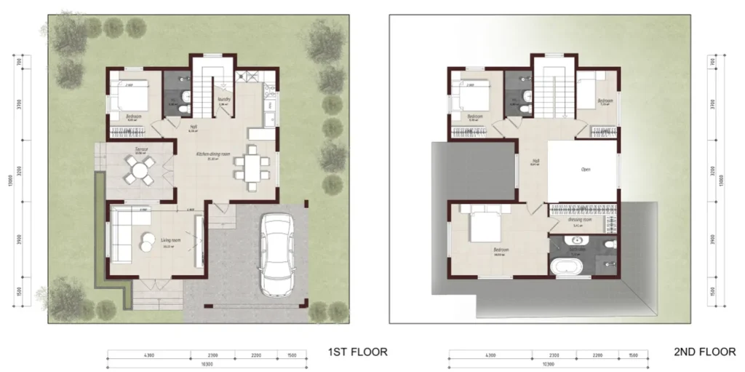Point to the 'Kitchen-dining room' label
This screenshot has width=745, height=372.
(212, 154)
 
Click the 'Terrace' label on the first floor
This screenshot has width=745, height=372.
(141, 149)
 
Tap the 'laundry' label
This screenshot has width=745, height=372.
(224, 98)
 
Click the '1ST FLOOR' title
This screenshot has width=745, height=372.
(357, 352)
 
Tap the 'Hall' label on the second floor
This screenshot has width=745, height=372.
(535, 162)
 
